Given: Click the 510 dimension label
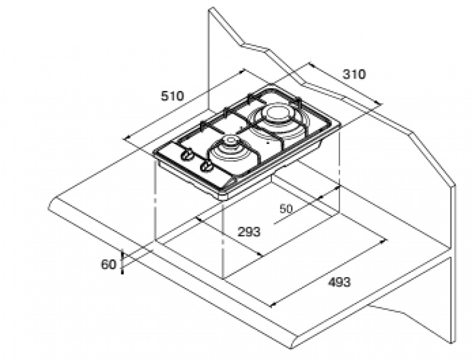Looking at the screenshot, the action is (172, 96).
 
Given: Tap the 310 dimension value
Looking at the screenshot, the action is (354, 74).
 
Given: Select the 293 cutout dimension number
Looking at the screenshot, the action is (249, 232).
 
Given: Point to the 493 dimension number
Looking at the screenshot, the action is (339, 283).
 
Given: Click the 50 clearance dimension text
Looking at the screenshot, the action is (286, 209).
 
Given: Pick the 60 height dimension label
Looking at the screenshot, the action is (108, 265).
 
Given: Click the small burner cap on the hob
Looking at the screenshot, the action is (230, 140).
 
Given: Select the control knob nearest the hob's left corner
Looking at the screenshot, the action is (186, 154).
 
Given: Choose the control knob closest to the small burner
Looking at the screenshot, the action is (207, 165).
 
